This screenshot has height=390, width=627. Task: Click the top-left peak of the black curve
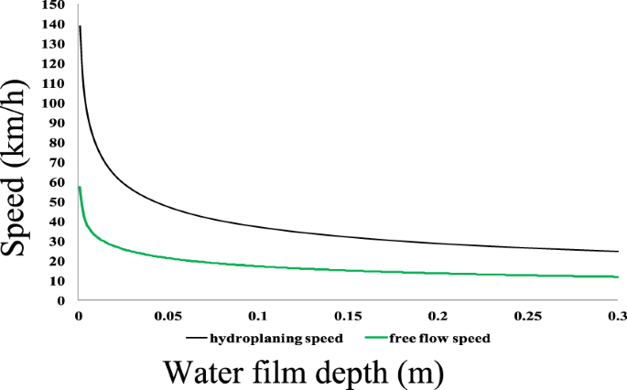point(80,27)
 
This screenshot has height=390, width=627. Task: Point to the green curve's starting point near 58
point(80,187)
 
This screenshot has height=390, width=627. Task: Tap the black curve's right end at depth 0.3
point(618,251)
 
